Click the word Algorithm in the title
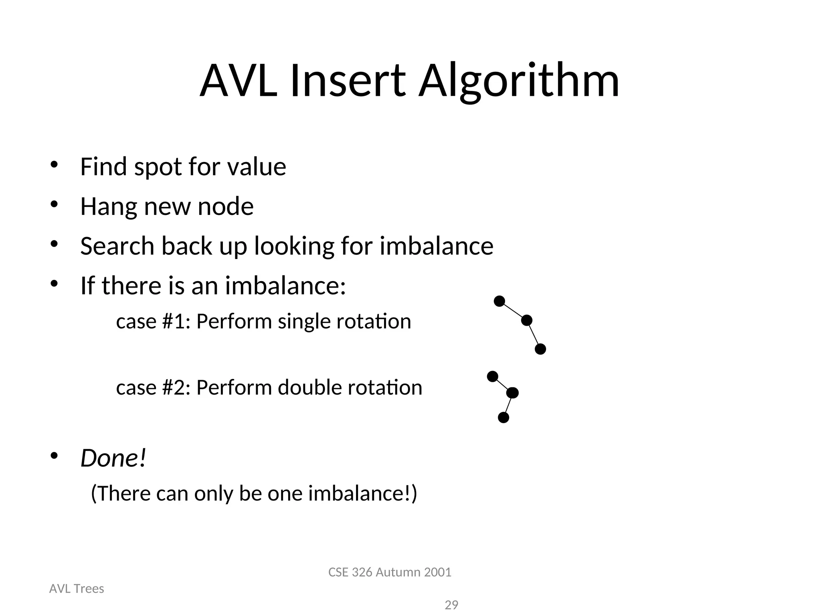coord(519,81)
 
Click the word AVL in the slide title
coord(239,81)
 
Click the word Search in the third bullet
coord(117,246)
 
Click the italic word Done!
coord(113,458)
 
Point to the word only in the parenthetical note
coord(213,493)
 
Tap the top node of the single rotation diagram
coord(499,301)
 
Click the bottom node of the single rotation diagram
coord(540,349)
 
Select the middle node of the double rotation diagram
coord(512,393)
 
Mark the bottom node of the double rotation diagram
coord(504,418)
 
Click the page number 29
coord(451,605)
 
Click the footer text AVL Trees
coord(77,589)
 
